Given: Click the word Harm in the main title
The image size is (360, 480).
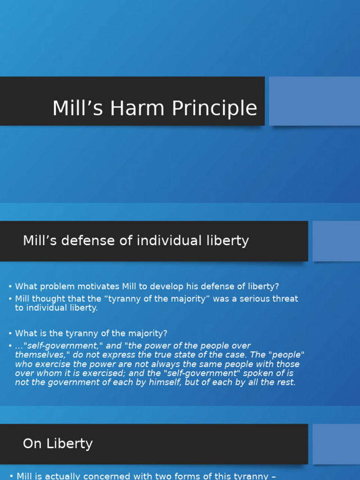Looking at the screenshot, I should pyautogui.click(x=140, y=108).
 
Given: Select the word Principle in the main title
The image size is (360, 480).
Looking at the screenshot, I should pyautogui.click(x=215, y=108).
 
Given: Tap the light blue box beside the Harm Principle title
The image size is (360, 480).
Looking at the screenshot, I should pyautogui.click(x=314, y=101).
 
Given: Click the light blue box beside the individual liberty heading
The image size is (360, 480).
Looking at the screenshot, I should pyautogui.click(x=336, y=241).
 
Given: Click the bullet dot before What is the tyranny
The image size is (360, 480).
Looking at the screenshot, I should pyautogui.click(x=10, y=334).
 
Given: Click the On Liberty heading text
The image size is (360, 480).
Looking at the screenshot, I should pyautogui.click(x=58, y=444).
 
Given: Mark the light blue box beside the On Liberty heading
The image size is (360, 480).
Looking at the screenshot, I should pyautogui.click(x=336, y=444).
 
